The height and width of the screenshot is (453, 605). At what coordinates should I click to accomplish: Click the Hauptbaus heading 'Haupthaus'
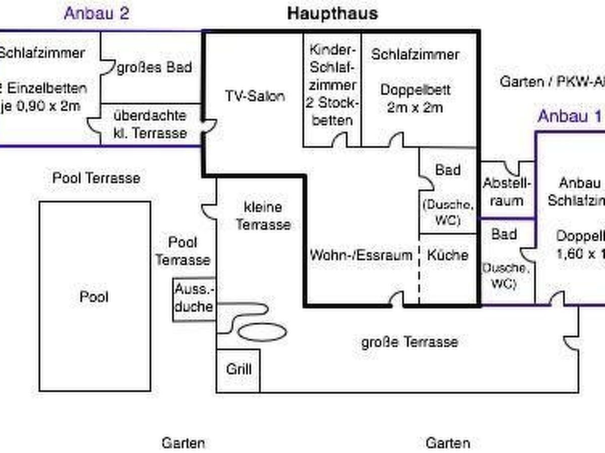(x=332, y=14)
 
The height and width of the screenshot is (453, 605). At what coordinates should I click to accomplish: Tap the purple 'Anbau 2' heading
(x=96, y=13)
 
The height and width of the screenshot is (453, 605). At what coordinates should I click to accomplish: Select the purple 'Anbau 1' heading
(x=570, y=116)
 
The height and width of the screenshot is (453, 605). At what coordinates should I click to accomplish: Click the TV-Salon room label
(x=255, y=96)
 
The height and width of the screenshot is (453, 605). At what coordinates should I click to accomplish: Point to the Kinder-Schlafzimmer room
(x=332, y=86)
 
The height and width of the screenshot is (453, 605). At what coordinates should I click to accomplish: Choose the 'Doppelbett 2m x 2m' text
(x=415, y=99)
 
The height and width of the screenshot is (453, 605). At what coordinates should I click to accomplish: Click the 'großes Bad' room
(x=154, y=67)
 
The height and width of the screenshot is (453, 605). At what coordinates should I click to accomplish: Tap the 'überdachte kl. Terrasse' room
(x=150, y=124)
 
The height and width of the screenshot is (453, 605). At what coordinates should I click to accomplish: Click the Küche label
(x=447, y=255)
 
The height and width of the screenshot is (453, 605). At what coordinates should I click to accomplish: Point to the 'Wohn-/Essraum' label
(x=361, y=255)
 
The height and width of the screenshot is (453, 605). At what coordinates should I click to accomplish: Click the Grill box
(x=238, y=369)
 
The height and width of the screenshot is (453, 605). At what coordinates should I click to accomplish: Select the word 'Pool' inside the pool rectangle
(x=94, y=296)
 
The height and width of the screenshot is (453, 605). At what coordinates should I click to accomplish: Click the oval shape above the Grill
(x=262, y=332)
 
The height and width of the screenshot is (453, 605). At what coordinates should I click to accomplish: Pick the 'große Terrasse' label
(x=409, y=343)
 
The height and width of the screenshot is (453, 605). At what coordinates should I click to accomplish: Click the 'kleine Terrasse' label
(x=263, y=215)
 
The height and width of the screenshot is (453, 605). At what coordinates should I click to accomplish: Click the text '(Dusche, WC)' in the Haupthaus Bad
(x=448, y=212)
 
